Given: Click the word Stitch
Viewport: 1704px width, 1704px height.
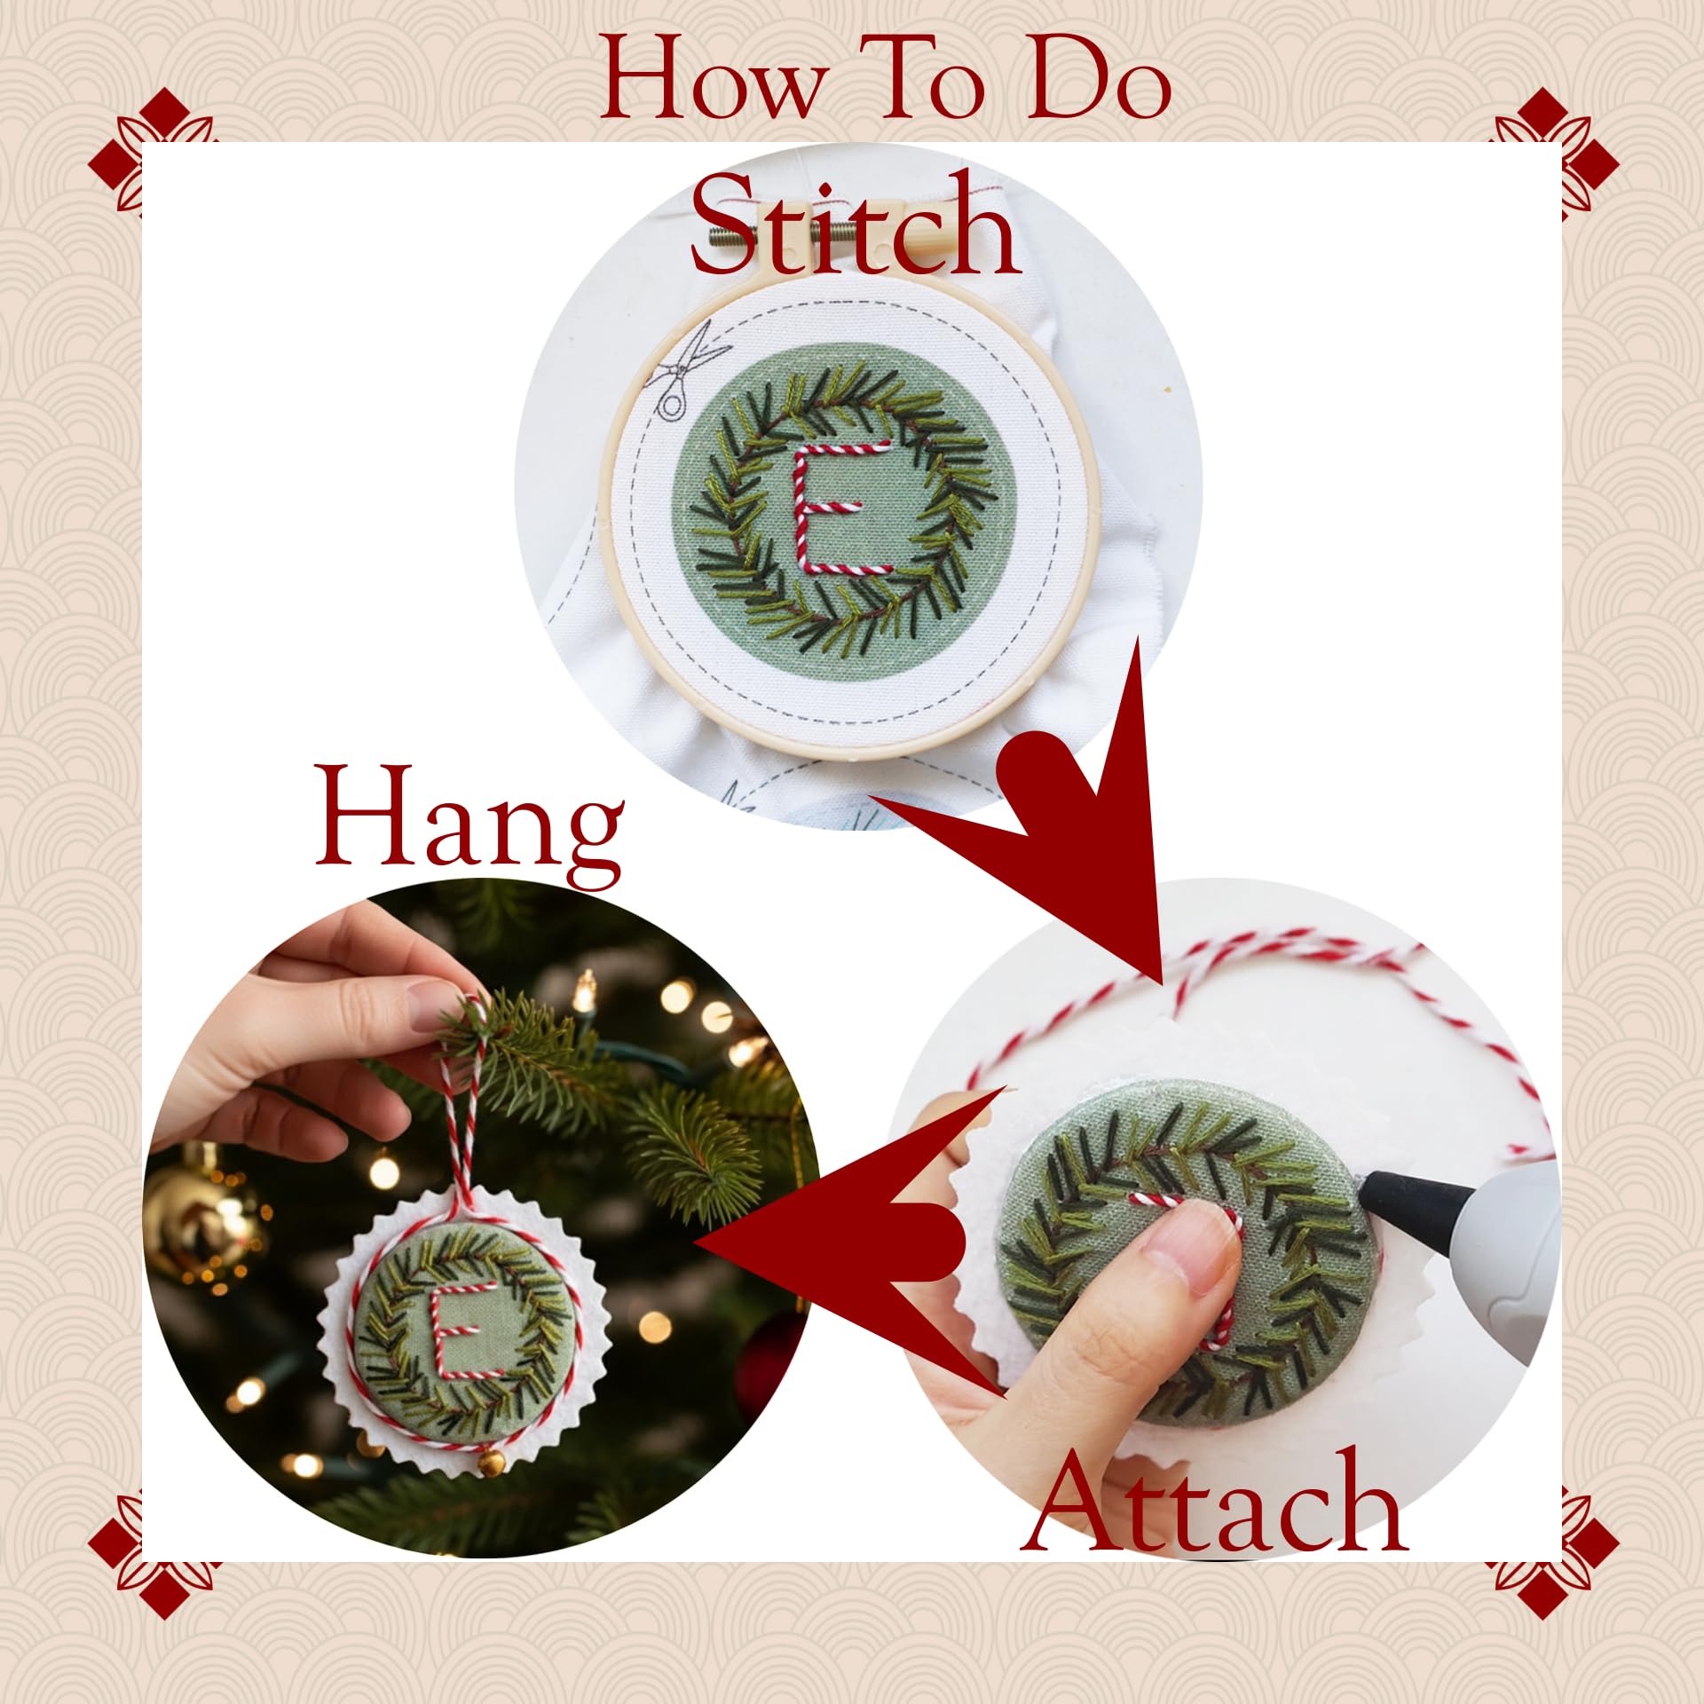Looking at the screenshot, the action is point(856,227).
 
